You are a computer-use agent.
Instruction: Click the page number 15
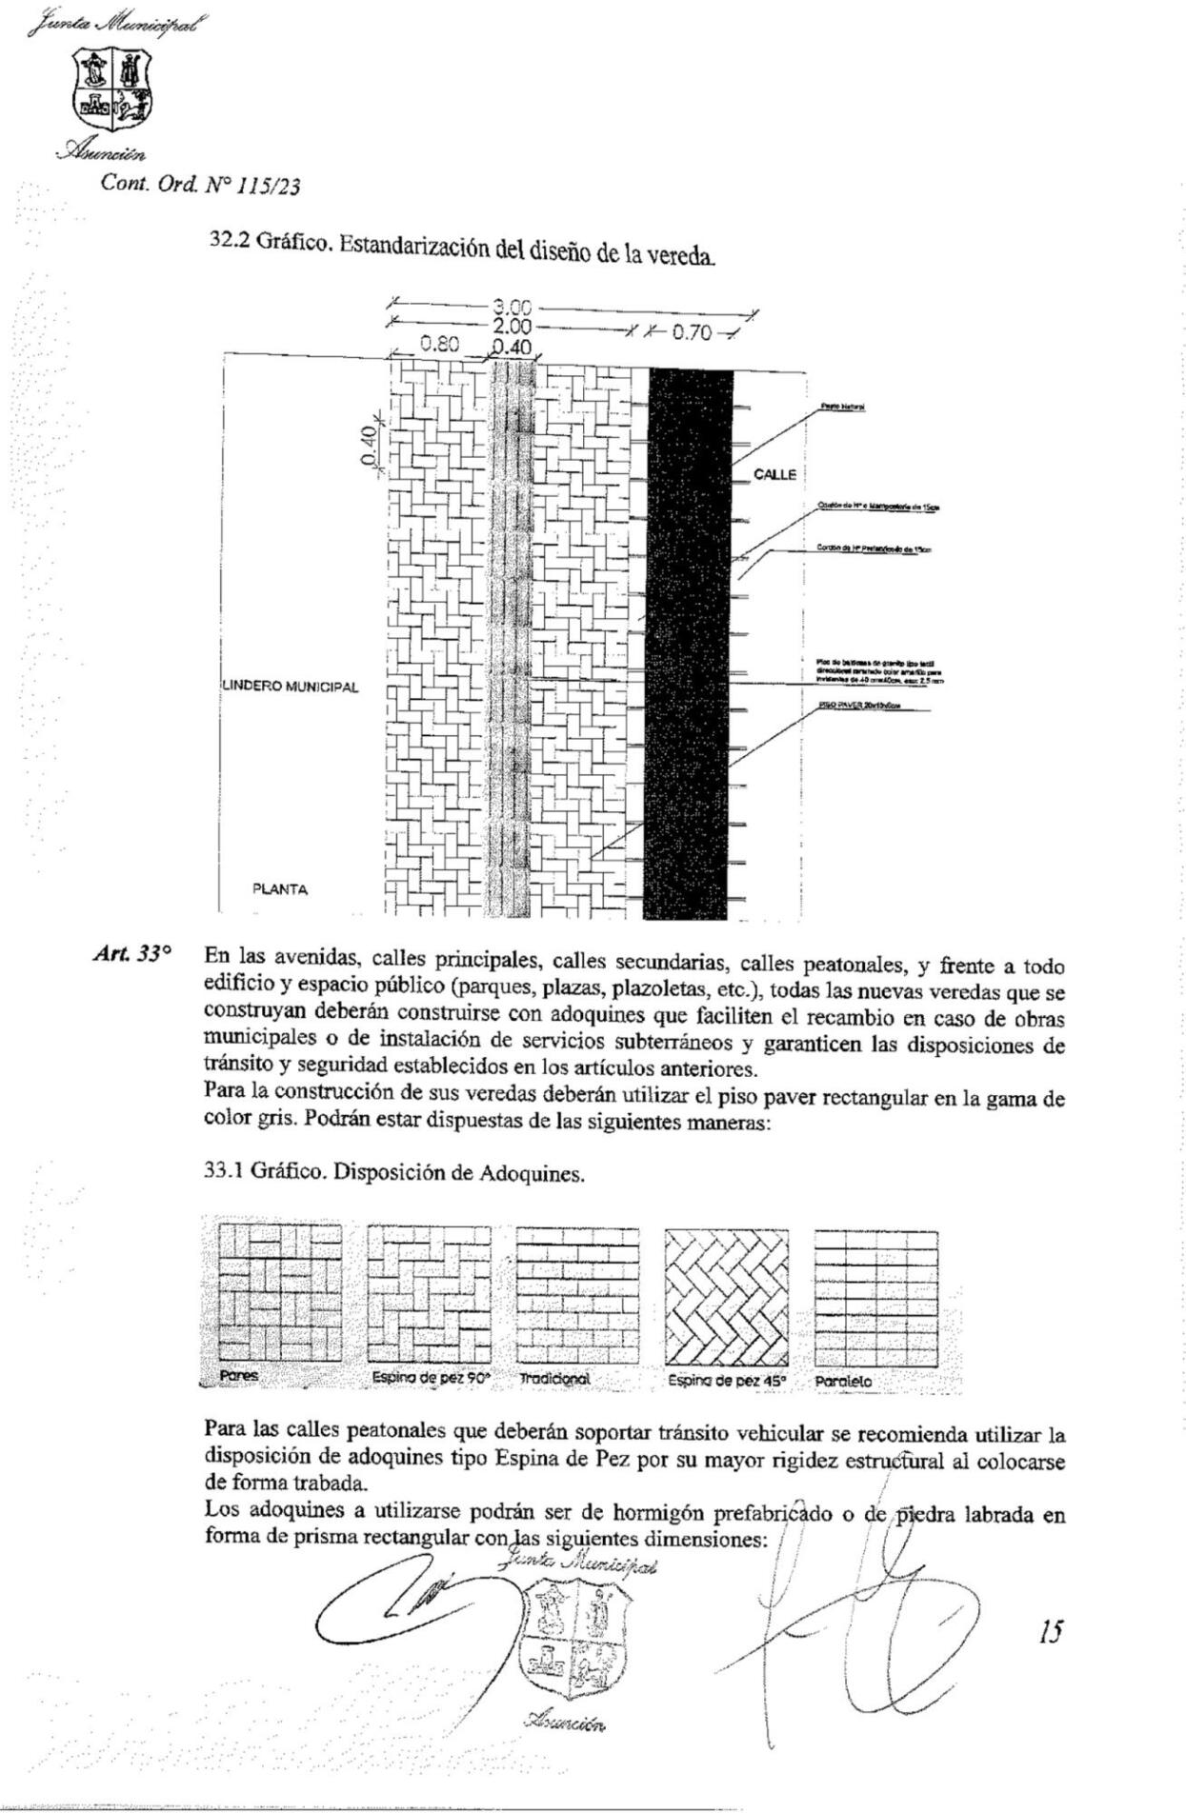[x=1051, y=1632]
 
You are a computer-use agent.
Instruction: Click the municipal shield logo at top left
[x=112, y=92]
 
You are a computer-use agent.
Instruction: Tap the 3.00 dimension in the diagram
[x=512, y=308]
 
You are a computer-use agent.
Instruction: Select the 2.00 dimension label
[x=512, y=325]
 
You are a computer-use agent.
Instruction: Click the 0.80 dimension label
[x=441, y=345]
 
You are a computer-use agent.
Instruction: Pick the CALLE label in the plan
[x=774, y=474]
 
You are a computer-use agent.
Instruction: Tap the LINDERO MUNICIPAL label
[x=291, y=687]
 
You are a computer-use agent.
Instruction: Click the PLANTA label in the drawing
[x=280, y=889]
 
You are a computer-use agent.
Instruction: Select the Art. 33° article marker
[x=132, y=953]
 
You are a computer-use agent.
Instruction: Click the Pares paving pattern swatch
[x=279, y=1293]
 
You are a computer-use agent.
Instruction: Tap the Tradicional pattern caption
[x=555, y=1379]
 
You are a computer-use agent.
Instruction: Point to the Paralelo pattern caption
[x=843, y=1381]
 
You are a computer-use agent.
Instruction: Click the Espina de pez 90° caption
[x=431, y=1378]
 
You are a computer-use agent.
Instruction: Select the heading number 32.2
[x=230, y=241]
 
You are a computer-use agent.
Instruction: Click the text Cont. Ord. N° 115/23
[x=200, y=185]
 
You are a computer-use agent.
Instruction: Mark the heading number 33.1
[x=224, y=1172]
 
